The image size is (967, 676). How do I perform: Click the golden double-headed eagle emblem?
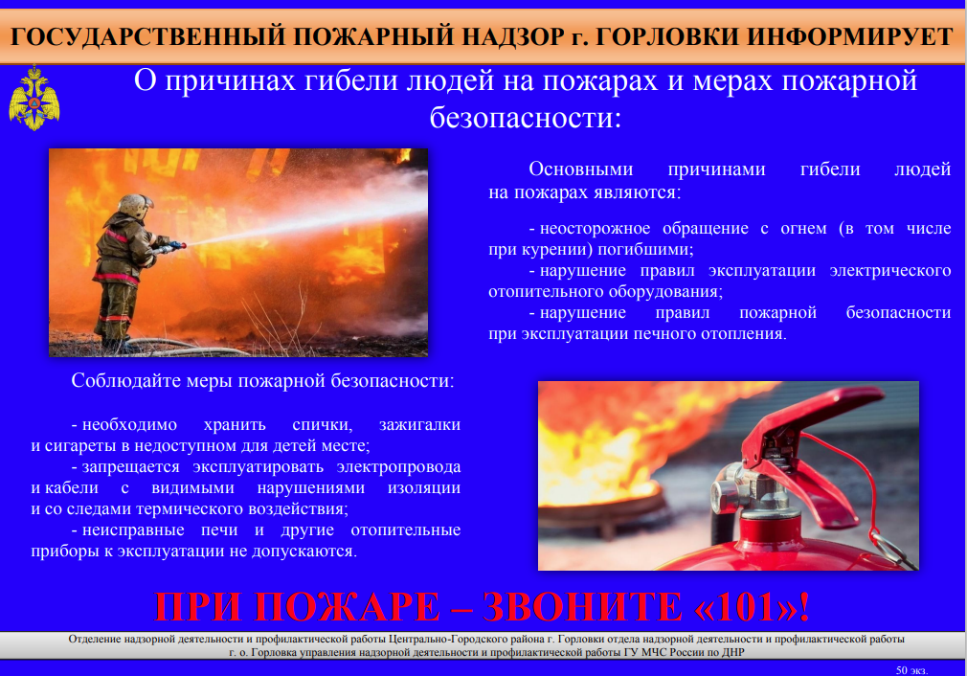tap(34, 99)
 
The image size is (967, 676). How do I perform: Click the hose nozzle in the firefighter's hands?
tap(170, 247)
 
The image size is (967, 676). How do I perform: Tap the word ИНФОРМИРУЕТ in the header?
tap(850, 37)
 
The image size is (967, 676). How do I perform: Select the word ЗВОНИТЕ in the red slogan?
tap(583, 607)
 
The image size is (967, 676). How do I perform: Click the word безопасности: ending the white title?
tap(526, 117)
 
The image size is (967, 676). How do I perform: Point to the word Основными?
tap(581, 169)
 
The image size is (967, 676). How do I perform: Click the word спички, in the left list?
tap(323, 425)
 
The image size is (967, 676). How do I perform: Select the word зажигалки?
tap(420, 424)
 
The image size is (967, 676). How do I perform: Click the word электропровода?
tap(399, 467)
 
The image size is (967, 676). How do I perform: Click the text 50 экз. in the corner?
tap(911, 670)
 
